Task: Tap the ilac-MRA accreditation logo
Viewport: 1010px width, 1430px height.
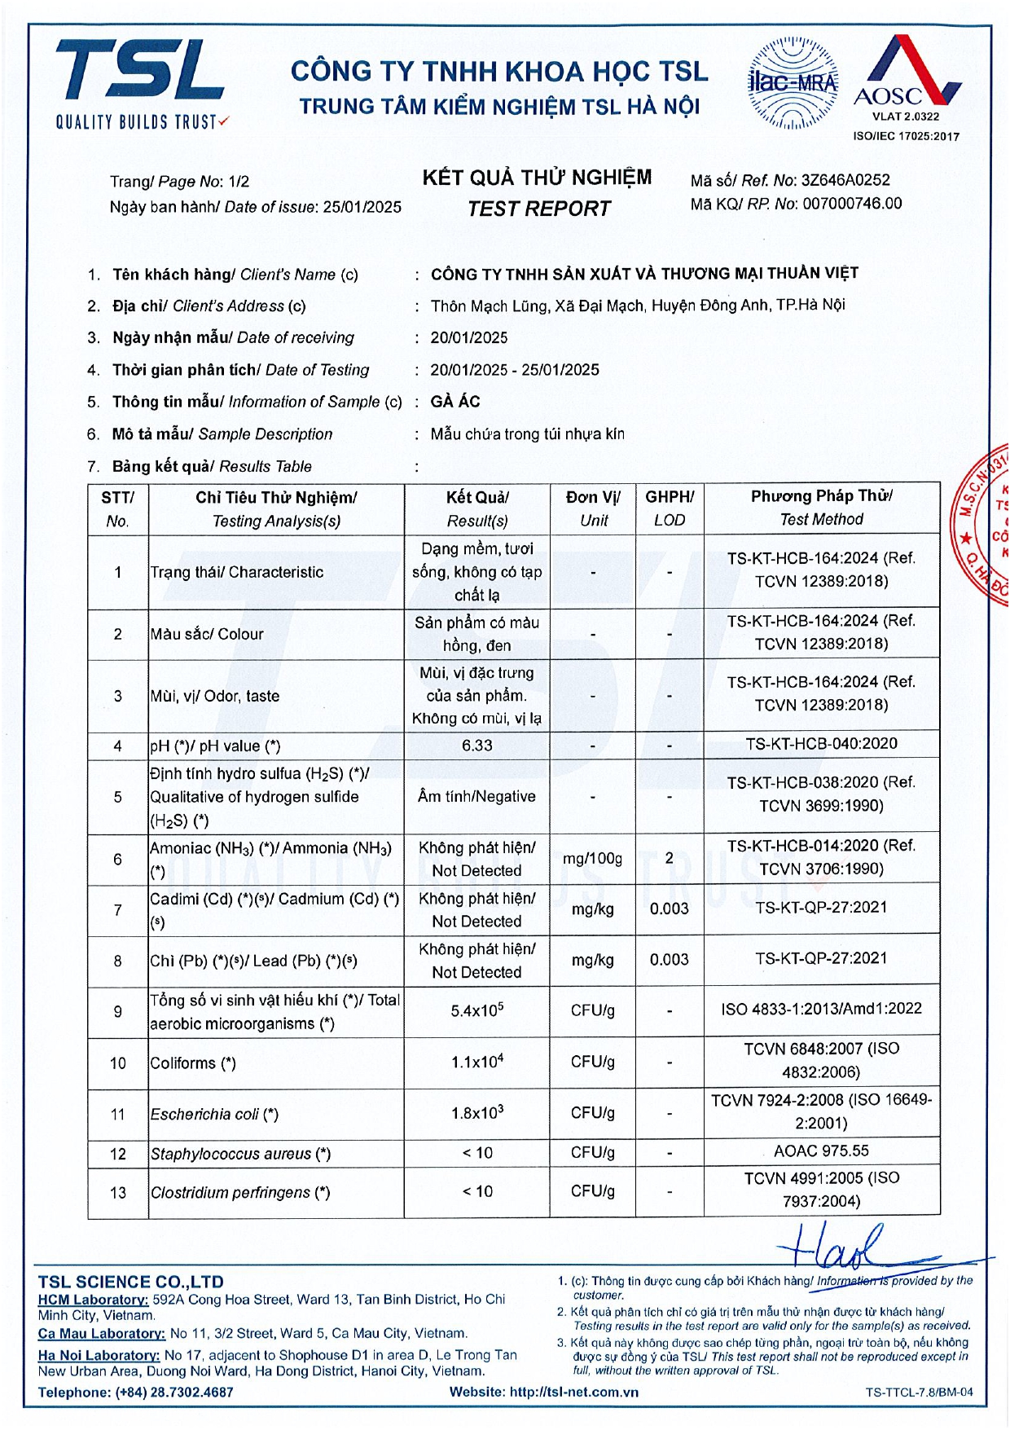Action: pos(793,83)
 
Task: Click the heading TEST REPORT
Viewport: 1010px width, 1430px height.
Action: pos(538,209)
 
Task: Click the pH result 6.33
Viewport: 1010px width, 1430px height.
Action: pos(476,746)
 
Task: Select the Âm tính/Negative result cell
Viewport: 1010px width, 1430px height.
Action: pos(476,796)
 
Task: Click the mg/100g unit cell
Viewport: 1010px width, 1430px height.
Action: pos(592,859)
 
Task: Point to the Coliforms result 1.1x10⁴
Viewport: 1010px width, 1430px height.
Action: pos(476,1062)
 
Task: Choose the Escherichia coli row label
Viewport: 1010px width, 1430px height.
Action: pos(214,1114)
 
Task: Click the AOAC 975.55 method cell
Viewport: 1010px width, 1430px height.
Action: pos(821,1151)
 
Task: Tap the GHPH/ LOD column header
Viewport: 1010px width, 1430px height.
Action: pos(670,508)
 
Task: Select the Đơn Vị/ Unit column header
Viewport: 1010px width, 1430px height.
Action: pos(593,508)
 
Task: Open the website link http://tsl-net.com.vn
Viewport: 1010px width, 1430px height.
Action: pos(573,1393)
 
